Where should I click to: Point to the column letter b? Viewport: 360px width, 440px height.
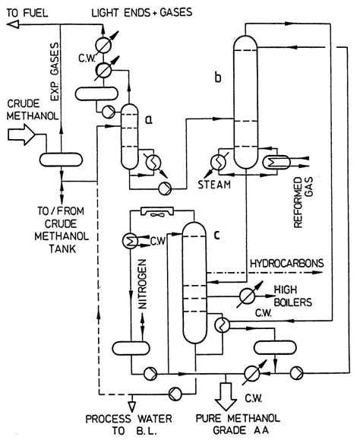(x=219, y=78)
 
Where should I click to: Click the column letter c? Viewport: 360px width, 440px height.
(x=217, y=236)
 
